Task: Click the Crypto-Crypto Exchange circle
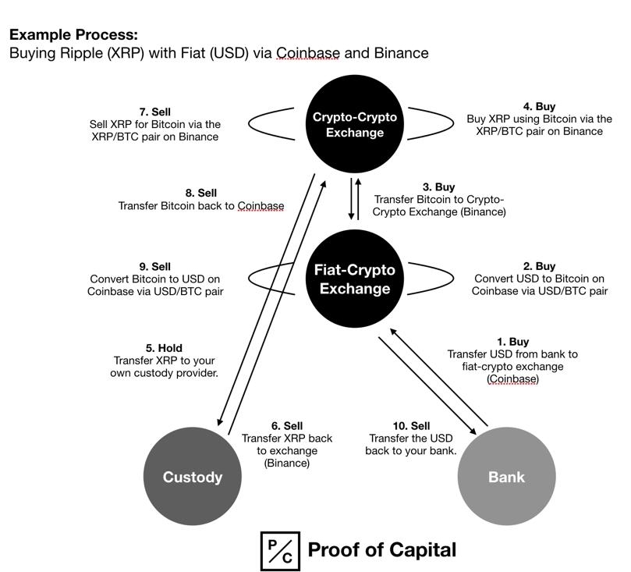click(355, 125)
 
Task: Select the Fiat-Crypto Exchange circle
click(355, 279)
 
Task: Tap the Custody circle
click(192, 477)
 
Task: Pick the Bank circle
click(505, 477)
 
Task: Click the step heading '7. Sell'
click(154, 112)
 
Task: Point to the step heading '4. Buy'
click(539, 107)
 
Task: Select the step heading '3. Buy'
click(438, 187)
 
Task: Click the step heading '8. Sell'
click(200, 193)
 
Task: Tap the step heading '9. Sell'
click(154, 267)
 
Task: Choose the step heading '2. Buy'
click(539, 266)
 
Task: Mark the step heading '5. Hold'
click(164, 348)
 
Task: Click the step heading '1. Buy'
click(512, 342)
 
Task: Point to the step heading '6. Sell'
click(286, 426)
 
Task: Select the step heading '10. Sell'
click(411, 426)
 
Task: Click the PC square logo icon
click(279, 551)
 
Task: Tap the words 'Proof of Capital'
click(381, 550)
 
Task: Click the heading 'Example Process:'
click(73, 35)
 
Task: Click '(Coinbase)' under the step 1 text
click(512, 379)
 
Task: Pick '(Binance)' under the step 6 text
click(286, 464)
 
